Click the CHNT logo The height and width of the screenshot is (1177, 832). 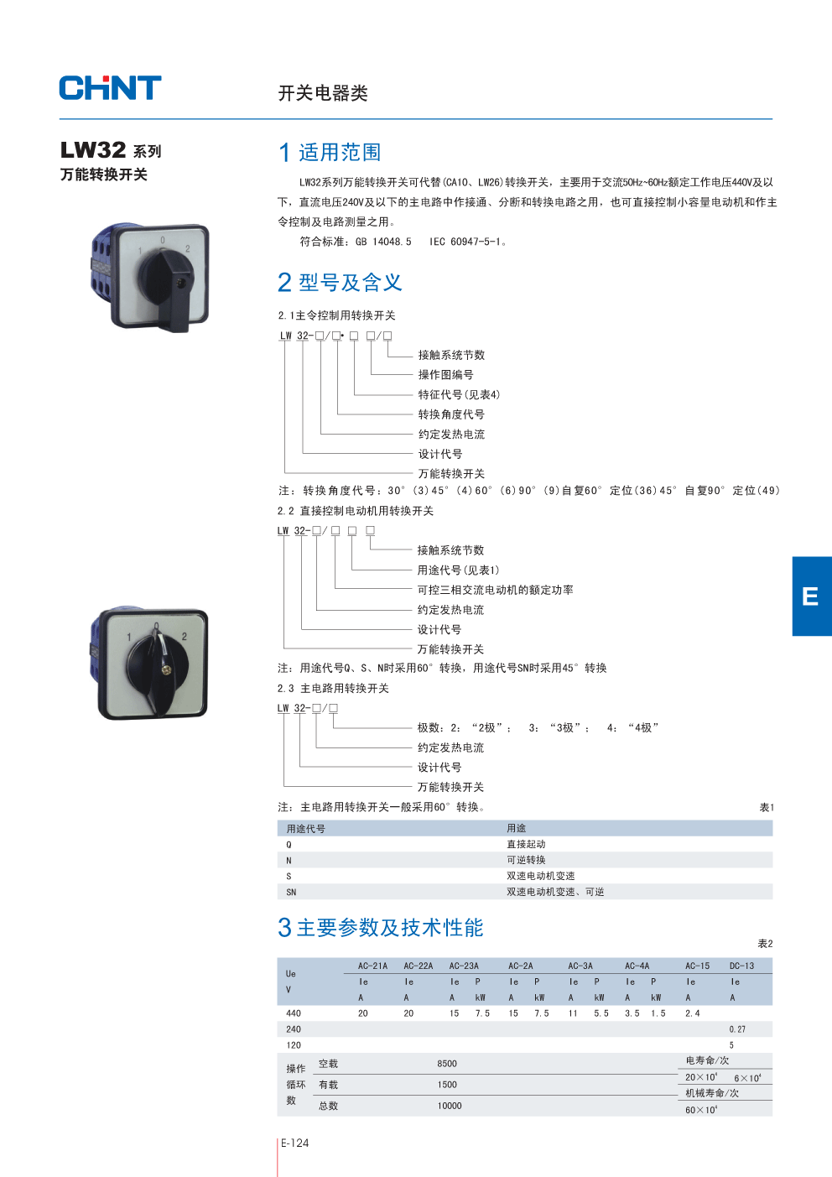point(110,88)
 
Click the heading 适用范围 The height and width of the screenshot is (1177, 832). point(340,153)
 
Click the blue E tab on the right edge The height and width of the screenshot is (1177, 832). point(811,596)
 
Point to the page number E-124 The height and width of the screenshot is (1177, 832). point(295,1143)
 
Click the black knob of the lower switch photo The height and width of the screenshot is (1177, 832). point(159,666)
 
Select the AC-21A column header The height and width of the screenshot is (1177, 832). point(372,966)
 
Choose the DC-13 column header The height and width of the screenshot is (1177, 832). point(741,966)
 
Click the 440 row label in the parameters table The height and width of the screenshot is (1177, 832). point(294,1013)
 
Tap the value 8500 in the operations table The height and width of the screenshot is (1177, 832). point(447,1064)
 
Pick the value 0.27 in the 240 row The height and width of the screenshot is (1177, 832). point(737,1029)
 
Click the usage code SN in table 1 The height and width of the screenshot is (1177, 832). point(291,893)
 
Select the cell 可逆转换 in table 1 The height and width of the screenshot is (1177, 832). point(526,860)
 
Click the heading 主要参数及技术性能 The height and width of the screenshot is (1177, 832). point(390,928)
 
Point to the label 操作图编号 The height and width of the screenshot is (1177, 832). point(445,375)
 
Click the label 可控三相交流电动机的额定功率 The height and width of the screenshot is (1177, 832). point(495,591)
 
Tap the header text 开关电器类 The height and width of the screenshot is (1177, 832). point(323,93)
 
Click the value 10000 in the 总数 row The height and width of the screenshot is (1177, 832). point(450,1106)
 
